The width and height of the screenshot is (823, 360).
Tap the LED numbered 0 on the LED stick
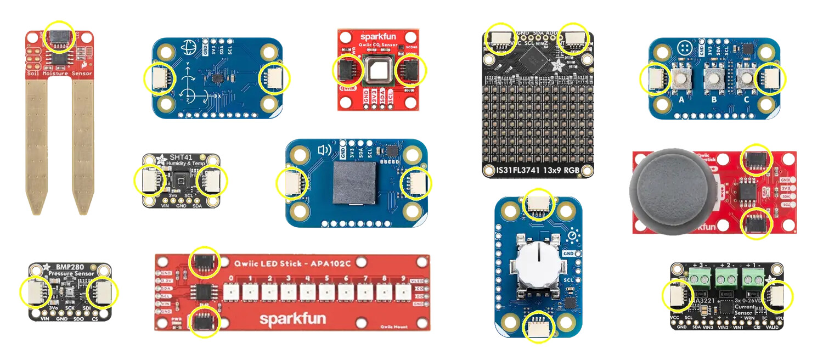(230, 291)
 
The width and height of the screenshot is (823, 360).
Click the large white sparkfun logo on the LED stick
(292, 319)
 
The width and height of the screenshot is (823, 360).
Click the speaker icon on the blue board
(324, 150)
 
